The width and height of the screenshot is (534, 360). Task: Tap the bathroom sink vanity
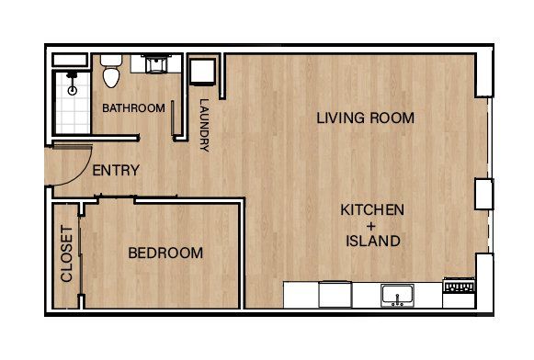153,64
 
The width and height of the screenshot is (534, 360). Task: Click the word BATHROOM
133,108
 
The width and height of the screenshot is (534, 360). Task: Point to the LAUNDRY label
204,125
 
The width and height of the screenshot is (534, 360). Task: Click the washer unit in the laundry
202,71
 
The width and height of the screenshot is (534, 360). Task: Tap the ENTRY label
116,170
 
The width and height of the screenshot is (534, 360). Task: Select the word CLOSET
66,253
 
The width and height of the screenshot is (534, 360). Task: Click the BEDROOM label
165,253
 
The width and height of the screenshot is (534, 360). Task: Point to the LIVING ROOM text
365,118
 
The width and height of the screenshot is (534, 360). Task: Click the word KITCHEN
372,209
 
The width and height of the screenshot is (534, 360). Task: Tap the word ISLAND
372,242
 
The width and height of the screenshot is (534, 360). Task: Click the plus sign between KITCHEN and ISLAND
372,226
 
